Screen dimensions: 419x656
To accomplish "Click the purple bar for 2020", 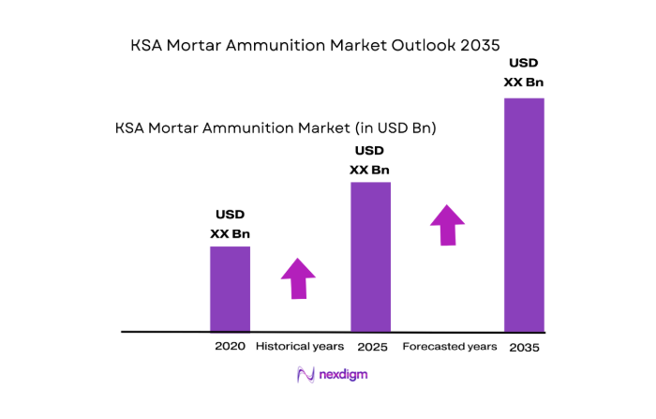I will [x=230, y=289].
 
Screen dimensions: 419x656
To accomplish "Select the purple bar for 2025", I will [x=370, y=257].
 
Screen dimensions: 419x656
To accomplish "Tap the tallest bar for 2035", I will [x=524, y=215].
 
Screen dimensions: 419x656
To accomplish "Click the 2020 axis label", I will [x=230, y=346].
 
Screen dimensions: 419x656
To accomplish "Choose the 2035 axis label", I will [x=524, y=347].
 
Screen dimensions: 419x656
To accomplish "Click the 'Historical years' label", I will [x=299, y=346].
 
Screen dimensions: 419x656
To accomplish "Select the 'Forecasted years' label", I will [x=449, y=346].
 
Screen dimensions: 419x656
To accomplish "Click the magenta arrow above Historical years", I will [x=298, y=278].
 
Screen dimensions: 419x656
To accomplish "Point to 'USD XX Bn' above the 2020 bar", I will [x=230, y=224].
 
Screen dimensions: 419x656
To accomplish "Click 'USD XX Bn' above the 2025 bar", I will [x=369, y=160].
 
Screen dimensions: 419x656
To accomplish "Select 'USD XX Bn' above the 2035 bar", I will [x=524, y=72].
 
